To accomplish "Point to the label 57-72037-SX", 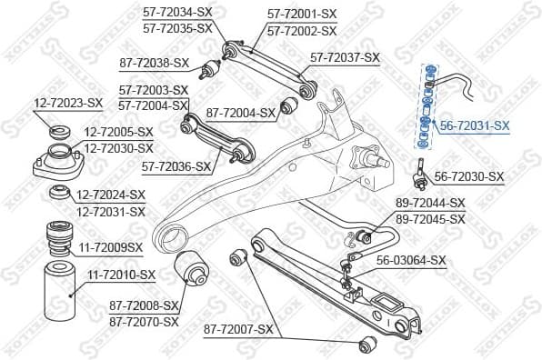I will [345, 57].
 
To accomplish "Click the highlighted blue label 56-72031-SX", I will [476, 126].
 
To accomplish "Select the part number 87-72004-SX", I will [241, 114].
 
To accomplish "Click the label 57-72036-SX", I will [176, 167].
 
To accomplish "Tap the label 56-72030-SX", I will [469, 176].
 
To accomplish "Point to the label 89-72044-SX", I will [430, 204].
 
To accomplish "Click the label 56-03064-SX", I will [411, 260].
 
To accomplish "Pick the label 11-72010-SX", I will [121, 274].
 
